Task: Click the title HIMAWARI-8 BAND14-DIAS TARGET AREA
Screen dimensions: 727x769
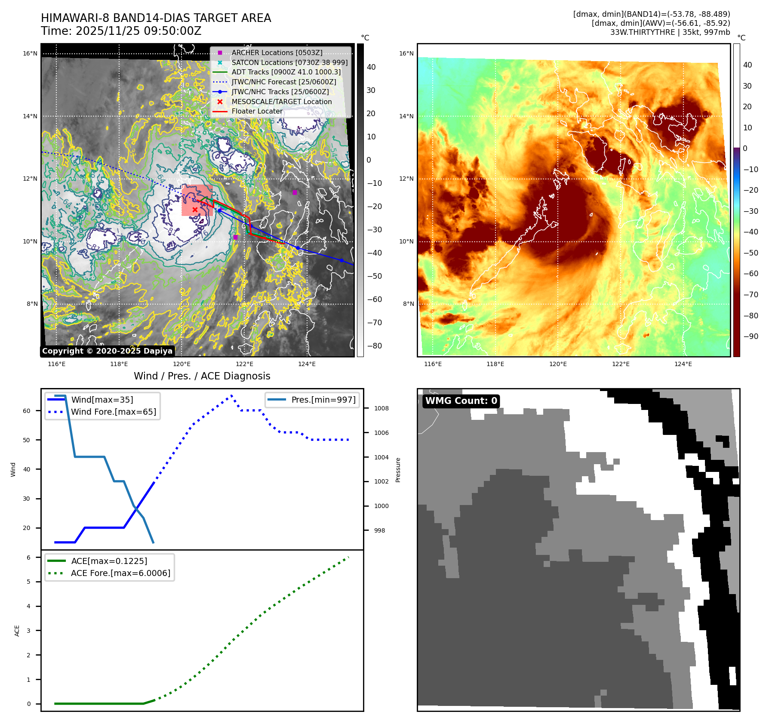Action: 156,18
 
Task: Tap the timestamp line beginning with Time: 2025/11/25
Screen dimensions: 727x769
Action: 121,31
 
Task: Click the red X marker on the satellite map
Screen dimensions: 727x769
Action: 195,209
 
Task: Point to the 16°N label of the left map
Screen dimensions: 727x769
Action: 30,54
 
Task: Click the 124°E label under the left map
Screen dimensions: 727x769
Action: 307,364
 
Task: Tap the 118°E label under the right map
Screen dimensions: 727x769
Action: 495,364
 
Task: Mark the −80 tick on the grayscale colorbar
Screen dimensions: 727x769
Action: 374,346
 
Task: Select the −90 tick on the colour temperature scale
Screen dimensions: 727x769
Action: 751,336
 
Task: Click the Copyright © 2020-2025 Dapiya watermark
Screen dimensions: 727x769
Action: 107,351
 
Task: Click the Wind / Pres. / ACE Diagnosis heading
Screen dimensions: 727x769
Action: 202,376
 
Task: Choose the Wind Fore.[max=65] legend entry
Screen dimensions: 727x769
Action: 113,412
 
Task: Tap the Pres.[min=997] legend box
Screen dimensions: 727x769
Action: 312,400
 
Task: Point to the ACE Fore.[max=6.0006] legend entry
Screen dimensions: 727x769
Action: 120,573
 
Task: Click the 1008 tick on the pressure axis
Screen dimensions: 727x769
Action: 381,408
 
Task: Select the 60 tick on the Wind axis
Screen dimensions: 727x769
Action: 27,411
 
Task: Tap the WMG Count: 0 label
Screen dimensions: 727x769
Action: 461,401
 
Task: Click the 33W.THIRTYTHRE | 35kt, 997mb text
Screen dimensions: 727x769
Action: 670,32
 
